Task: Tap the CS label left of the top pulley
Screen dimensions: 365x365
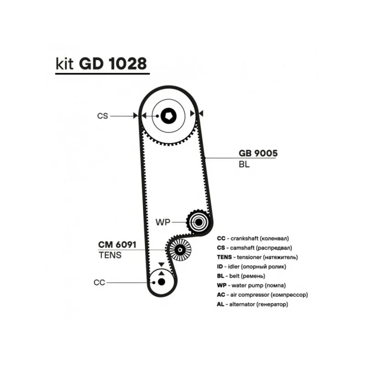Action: (x=103, y=116)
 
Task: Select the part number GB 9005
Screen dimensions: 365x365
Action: (x=258, y=153)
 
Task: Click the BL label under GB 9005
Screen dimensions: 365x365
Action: (x=244, y=165)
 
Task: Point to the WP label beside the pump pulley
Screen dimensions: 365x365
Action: (x=163, y=222)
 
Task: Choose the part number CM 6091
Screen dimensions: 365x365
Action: (x=117, y=245)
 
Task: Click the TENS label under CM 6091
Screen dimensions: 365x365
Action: (x=110, y=255)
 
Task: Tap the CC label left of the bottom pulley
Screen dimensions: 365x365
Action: (x=99, y=282)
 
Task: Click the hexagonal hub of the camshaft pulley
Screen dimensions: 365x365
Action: (x=169, y=116)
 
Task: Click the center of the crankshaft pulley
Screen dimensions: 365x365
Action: (x=161, y=282)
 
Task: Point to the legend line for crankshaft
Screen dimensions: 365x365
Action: (x=253, y=238)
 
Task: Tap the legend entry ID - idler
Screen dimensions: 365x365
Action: (x=252, y=266)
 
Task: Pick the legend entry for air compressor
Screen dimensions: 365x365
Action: (x=263, y=294)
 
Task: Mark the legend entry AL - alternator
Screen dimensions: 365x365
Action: (x=253, y=304)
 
